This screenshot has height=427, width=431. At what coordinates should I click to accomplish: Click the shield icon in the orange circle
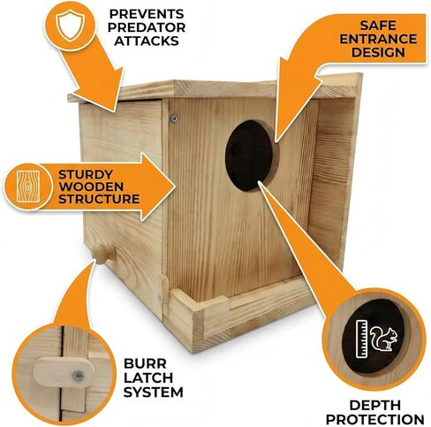(x=71, y=26)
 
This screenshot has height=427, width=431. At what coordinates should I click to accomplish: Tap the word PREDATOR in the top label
(x=147, y=27)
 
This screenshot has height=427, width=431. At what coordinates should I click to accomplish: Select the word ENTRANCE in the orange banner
(x=378, y=39)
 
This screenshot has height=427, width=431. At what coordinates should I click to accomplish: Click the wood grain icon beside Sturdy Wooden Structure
(x=28, y=187)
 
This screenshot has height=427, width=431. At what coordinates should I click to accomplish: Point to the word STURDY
(x=86, y=174)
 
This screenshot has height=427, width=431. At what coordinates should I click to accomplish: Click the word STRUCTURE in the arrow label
(x=99, y=199)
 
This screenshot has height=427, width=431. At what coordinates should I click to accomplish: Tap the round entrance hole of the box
(x=250, y=155)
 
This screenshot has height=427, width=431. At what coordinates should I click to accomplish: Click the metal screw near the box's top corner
(x=174, y=118)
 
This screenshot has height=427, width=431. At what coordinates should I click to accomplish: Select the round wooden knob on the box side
(x=103, y=254)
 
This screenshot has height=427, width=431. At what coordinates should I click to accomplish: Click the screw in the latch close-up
(x=79, y=376)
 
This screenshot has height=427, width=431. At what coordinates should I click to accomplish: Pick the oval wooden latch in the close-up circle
(x=64, y=371)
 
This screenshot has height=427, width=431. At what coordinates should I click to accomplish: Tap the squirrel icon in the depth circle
(x=384, y=339)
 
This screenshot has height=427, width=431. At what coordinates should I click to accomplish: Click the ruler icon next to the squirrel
(x=362, y=339)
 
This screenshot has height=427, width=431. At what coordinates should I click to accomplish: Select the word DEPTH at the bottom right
(x=375, y=406)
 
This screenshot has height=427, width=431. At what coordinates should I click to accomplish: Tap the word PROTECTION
(x=375, y=419)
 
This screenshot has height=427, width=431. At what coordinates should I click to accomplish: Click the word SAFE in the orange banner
(x=378, y=26)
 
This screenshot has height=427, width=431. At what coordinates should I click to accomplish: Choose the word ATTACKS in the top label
(x=147, y=41)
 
